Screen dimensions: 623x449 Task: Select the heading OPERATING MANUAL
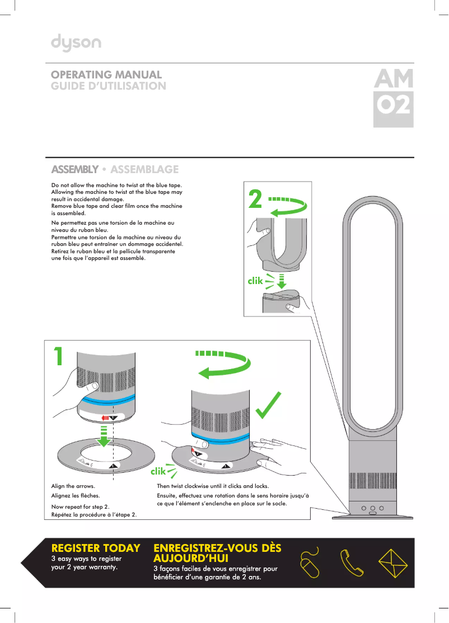(106, 75)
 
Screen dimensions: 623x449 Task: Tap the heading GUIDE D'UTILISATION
(109, 86)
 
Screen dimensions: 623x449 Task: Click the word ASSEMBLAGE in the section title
(144, 169)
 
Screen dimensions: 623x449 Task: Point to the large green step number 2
(255, 199)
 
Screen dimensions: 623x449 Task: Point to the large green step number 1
(58, 356)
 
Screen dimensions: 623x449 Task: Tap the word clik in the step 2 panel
(255, 281)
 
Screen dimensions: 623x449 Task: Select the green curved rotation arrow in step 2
(291, 206)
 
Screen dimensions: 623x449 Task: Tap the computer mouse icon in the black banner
(309, 562)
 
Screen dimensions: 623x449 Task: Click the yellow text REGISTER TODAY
(95, 547)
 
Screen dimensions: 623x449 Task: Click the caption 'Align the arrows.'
(73, 486)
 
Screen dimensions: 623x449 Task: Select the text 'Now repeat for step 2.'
(80, 506)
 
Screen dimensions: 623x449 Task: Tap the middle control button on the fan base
(372, 508)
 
